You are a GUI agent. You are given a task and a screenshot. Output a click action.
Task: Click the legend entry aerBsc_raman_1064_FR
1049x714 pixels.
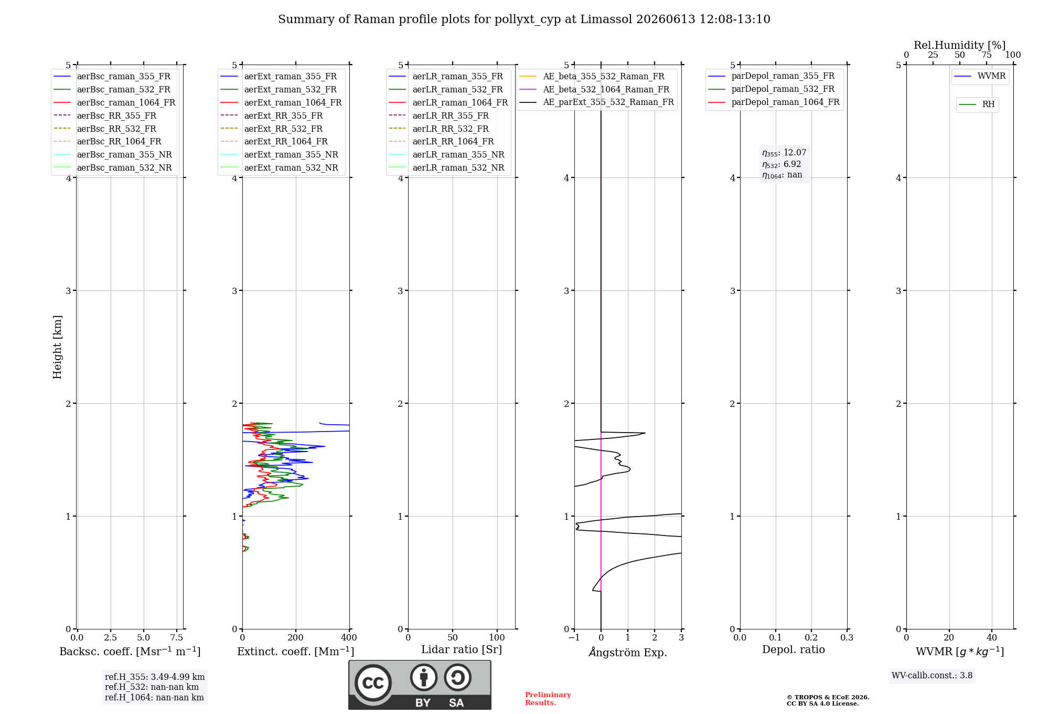coord(114,102)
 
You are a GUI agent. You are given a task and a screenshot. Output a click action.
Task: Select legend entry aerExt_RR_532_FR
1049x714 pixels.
coord(271,129)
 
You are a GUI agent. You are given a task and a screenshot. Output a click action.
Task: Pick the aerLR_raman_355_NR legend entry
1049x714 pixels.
coord(446,154)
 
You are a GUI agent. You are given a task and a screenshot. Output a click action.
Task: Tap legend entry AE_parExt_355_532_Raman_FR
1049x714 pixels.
coord(596,102)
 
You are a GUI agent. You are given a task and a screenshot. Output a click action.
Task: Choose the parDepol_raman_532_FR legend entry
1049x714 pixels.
coord(771,89)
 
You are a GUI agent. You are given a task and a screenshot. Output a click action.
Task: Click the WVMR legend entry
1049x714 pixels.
coord(980,76)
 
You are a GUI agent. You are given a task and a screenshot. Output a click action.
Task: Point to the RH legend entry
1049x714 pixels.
coord(977,104)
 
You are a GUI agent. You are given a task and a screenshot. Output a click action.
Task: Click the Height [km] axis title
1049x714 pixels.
coord(57,347)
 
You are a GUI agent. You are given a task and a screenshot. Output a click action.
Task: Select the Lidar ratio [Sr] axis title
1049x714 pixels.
coord(462,649)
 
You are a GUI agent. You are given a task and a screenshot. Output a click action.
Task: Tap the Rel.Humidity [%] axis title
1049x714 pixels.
coord(960,45)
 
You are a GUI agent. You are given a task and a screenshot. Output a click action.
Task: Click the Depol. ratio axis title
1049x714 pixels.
coord(794,649)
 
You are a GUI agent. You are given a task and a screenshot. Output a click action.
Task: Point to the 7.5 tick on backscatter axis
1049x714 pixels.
coord(177,637)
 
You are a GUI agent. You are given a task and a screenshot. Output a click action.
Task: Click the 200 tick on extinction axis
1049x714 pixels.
coord(296,637)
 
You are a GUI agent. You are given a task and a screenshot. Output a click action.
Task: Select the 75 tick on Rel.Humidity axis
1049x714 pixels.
coord(987,55)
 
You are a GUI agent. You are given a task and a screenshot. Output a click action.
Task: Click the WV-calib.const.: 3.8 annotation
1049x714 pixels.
coord(932,676)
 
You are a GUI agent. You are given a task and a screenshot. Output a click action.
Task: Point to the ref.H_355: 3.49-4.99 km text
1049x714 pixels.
coord(155,677)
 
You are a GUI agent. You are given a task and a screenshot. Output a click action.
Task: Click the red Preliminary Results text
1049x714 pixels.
coord(548,699)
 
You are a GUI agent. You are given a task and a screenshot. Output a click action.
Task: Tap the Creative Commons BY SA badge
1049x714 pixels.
coord(420,685)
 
